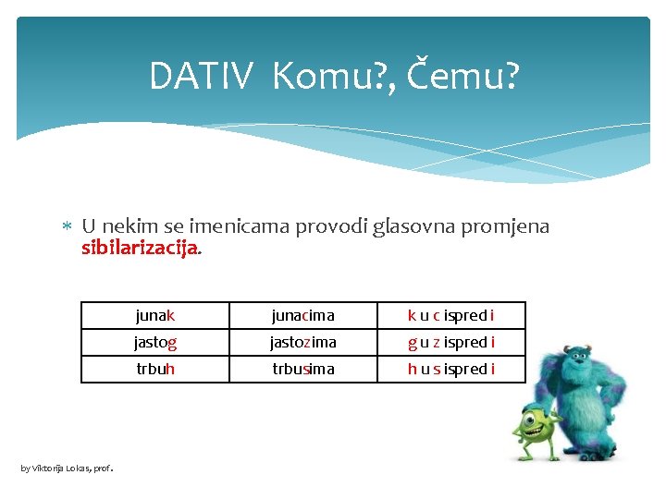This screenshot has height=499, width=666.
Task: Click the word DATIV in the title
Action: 199,77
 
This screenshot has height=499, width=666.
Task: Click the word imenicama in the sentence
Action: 240,226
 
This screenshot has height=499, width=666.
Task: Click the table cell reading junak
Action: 154,315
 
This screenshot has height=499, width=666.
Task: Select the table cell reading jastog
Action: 154,342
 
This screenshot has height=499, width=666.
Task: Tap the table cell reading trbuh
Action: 154,369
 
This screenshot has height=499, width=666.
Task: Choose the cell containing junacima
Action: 302,315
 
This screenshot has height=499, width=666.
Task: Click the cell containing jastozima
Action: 302,342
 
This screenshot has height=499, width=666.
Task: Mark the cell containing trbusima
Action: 302,369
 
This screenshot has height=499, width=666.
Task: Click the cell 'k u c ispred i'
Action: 450,315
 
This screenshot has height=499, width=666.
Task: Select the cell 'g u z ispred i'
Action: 450,342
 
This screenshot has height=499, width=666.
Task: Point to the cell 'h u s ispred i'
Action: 450,369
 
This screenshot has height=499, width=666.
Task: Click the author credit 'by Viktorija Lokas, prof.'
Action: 67,469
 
